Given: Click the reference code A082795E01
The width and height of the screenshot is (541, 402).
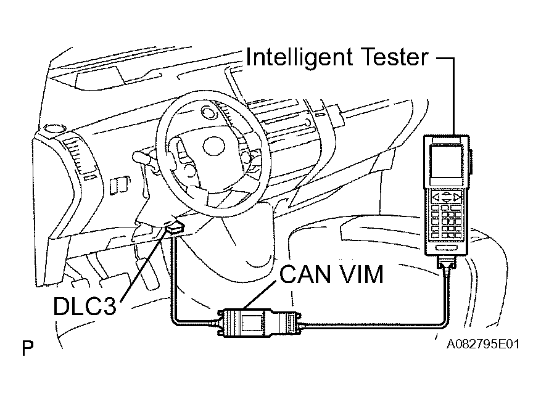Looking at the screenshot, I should click(x=482, y=344).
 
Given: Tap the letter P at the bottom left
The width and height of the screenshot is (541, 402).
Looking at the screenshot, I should click(x=27, y=348).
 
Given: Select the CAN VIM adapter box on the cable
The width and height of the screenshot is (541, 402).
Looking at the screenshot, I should click(x=259, y=322).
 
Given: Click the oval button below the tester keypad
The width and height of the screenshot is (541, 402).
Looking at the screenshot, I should click(x=447, y=247).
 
